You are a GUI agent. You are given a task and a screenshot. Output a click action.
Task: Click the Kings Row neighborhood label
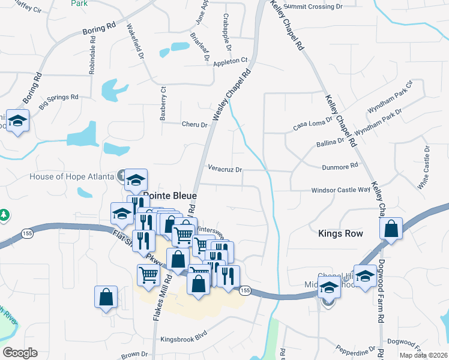(340, 233)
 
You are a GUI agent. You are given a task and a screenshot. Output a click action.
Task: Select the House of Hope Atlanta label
(71, 176)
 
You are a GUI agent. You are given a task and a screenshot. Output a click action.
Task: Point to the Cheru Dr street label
(194, 125)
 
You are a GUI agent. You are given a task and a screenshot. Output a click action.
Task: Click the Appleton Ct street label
(230, 61)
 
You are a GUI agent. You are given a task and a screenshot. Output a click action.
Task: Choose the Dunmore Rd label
(340, 164)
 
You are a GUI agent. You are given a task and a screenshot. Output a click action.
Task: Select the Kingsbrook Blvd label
(183, 339)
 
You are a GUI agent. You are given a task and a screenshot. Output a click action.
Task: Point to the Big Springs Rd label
(59, 101)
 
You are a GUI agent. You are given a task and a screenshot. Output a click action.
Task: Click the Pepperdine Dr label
(355, 347)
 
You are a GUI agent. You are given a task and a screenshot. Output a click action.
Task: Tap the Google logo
(20, 353)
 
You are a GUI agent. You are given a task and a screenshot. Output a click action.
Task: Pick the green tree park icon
(4, 215)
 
